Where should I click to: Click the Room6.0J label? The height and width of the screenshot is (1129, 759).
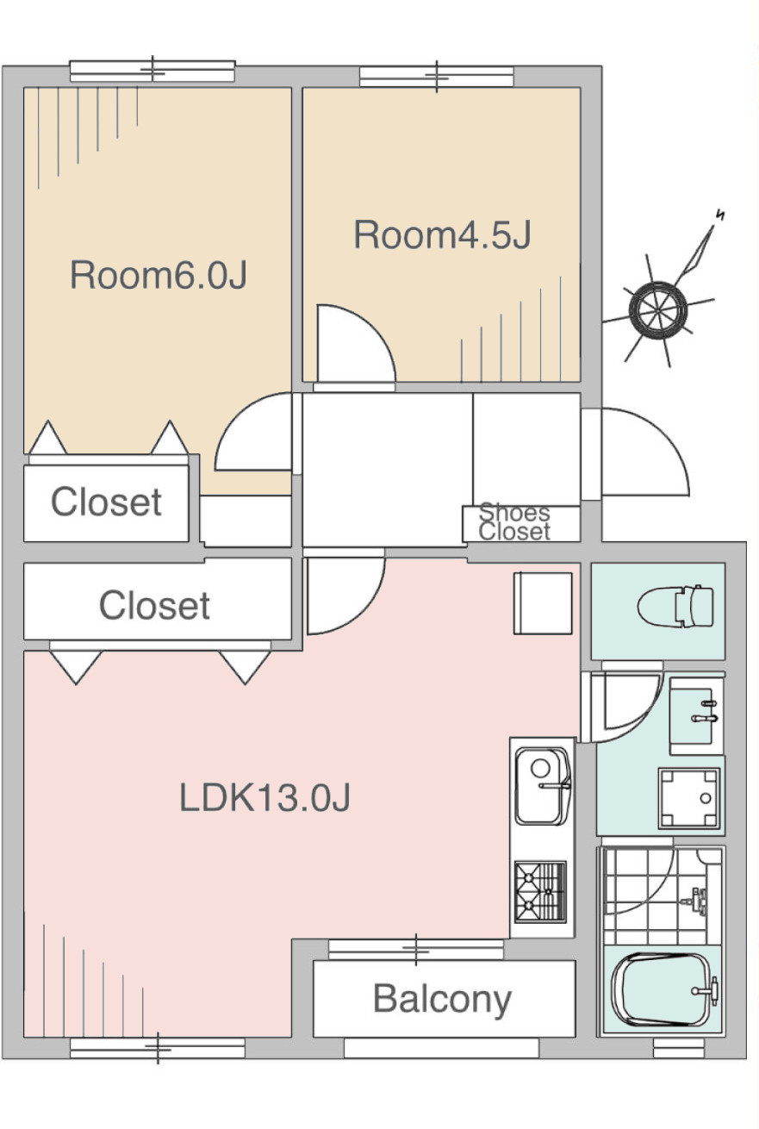click(x=159, y=275)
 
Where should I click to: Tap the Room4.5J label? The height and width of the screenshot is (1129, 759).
click(x=443, y=234)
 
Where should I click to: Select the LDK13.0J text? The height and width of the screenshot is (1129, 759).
click(x=265, y=797)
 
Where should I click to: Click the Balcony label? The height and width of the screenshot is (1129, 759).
click(x=442, y=999)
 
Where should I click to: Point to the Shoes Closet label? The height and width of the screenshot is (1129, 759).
click(x=514, y=521)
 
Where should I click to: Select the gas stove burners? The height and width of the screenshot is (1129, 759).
click(x=540, y=892)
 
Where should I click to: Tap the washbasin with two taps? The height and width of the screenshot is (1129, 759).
click(x=696, y=715)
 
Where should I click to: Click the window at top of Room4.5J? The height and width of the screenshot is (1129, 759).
click(x=437, y=77)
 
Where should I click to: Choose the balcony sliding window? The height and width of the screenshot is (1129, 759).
click(x=416, y=949)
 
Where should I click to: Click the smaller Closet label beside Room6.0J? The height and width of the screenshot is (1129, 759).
click(x=106, y=502)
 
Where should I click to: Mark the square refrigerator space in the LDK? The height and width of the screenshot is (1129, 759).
click(x=543, y=602)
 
